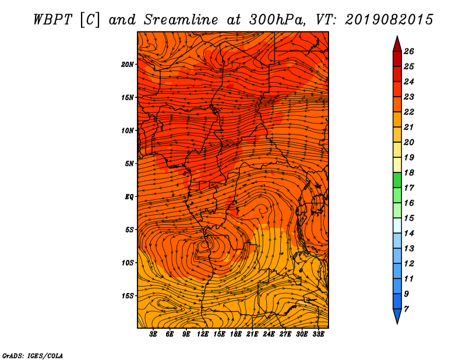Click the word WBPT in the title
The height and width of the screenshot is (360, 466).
[52, 20]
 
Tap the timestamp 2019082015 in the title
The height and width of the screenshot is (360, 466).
[389, 20]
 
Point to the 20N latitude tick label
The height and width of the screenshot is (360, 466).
[128, 65]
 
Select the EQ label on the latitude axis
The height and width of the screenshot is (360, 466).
[129, 197]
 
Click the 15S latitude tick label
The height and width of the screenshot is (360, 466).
[128, 296]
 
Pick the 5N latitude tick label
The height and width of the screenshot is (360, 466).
[129, 164]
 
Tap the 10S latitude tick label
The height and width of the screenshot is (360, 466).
[128, 263]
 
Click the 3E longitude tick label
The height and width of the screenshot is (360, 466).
[153, 334]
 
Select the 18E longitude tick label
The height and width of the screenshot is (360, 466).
[236, 334]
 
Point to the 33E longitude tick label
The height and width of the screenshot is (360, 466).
[318, 334]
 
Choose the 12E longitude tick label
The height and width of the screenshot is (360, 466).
[203, 334]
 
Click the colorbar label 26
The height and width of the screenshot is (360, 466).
[409, 51]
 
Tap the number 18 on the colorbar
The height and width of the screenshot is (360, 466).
[409, 172]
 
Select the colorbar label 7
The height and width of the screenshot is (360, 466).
[406, 309]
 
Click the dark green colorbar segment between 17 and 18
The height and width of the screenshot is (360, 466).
[397, 180]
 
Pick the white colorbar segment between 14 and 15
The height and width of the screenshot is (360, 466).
[397, 225]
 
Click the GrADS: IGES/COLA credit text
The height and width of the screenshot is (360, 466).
[33, 356]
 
